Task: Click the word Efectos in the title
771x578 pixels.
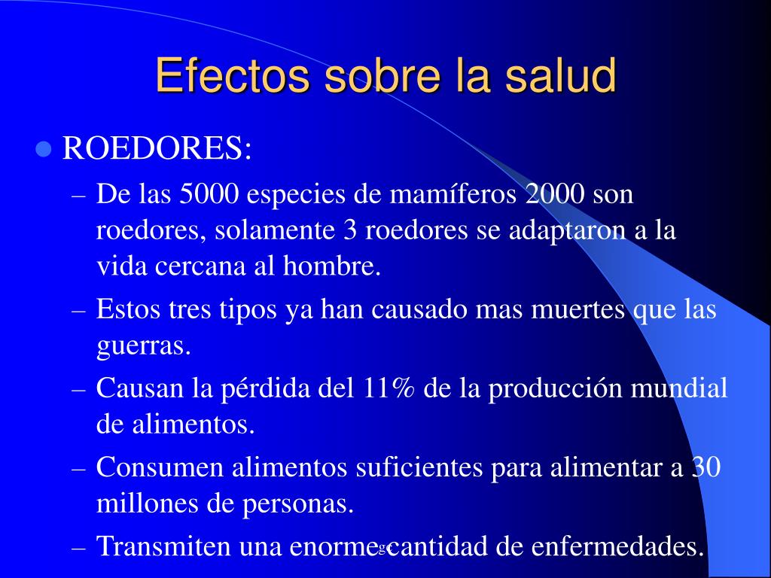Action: point(233,75)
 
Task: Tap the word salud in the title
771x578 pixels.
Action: point(560,75)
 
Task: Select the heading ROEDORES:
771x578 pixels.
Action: point(157,148)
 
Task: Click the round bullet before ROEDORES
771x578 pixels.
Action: point(44,149)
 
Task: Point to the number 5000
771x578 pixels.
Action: point(209,193)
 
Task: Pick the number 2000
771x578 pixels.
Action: point(555,193)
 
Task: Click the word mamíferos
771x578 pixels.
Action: point(453,193)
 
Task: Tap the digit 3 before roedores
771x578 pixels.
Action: point(349,230)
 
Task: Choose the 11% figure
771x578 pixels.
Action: point(389,388)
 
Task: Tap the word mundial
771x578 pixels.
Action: point(678,388)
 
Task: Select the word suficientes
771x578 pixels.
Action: point(419,467)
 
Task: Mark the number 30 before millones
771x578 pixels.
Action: point(706,467)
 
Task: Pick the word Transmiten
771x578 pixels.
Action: point(164,546)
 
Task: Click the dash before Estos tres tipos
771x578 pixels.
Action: point(78,311)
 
